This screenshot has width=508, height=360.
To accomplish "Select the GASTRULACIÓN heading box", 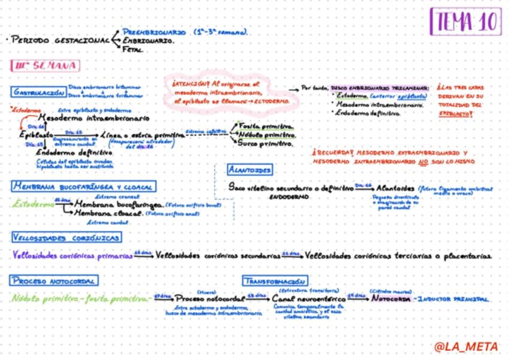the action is click(x=38, y=92).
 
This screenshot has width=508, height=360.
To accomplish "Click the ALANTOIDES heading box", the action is click(x=250, y=170).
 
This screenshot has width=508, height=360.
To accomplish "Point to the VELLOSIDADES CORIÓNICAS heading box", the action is click(x=65, y=238).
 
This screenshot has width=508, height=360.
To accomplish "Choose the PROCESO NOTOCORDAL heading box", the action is click(x=55, y=280).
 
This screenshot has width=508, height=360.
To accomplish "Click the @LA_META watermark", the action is click(x=467, y=347).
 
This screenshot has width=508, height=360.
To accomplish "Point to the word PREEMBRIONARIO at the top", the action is click(x=153, y=31).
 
